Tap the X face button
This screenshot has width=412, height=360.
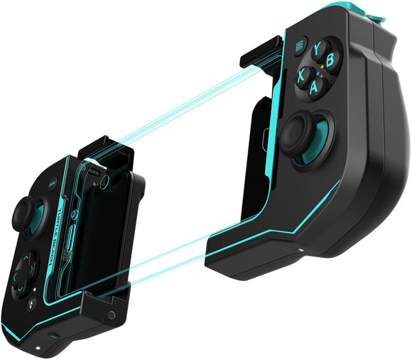[x=302, y=73]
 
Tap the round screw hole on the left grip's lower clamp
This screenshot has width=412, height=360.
[x=112, y=315]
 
